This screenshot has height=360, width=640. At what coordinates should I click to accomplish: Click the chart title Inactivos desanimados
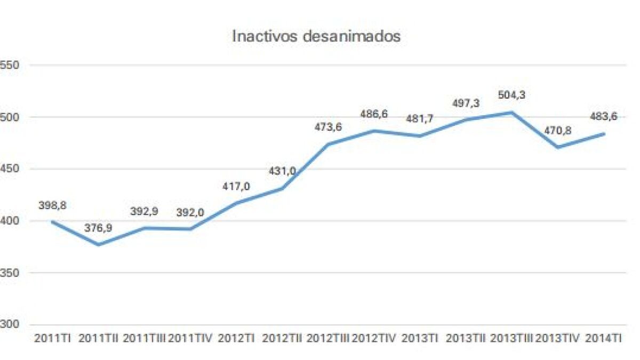[316, 37]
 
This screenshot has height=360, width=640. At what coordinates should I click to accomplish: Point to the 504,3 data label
[511, 95]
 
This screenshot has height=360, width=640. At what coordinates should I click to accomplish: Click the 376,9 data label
[98, 228]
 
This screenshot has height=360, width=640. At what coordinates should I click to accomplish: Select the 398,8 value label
[52, 205]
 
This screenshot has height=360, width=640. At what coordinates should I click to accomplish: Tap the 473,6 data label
[328, 127]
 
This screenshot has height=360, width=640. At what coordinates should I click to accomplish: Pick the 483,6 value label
[603, 116]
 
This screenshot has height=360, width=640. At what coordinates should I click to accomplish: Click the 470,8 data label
[557, 131]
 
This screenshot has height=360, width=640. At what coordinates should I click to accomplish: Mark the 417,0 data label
[236, 187]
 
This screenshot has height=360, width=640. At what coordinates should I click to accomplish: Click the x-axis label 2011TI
[52, 339]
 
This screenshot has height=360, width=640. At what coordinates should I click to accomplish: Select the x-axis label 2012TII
[282, 339]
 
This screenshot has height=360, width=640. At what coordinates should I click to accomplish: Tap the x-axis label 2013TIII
[511, 339]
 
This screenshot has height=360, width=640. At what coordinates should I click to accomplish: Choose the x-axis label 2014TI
[603, 339]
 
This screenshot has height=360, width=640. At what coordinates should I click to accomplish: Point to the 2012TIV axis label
[374, 339]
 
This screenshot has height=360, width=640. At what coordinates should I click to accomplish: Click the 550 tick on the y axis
[9, 65]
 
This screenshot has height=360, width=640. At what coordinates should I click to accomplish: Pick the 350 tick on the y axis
[9, 273]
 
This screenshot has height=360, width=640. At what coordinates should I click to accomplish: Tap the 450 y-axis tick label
[9, 169]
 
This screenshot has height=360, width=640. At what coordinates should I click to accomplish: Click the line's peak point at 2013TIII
[511, 113]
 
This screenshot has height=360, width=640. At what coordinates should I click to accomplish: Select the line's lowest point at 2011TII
[98, 245]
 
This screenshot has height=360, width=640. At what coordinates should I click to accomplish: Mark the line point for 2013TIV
[557, 147]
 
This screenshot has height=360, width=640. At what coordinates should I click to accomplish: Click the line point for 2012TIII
[328, 145]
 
